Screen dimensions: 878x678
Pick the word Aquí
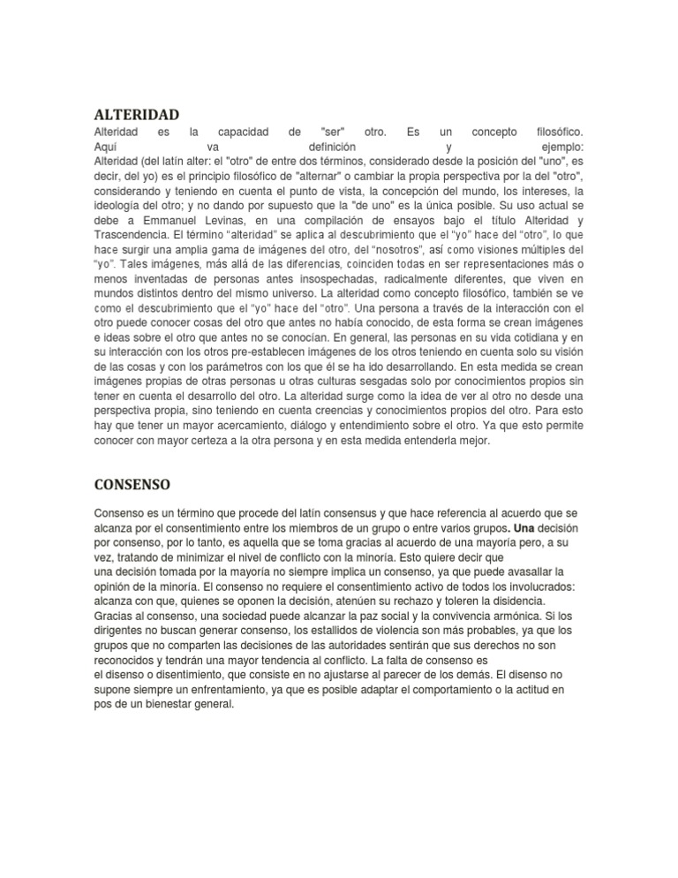pos(108,147)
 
